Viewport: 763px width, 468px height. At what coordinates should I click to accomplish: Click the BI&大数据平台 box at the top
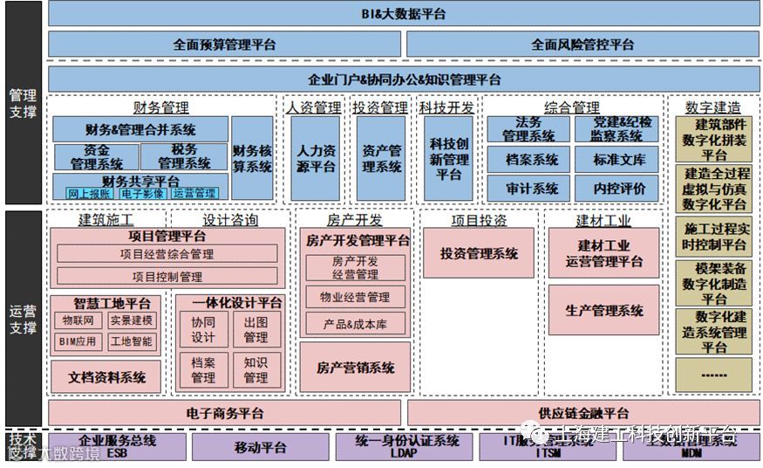(404, 13)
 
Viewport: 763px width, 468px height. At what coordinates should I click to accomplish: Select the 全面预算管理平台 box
(224, 44)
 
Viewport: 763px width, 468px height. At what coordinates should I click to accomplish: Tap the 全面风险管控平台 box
(582, 44)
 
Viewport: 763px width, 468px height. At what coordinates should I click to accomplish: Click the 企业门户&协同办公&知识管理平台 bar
(404, 79)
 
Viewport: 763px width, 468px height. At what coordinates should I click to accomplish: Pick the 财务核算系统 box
(252, 158)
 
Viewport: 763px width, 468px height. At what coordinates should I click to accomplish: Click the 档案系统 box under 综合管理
(532, 160)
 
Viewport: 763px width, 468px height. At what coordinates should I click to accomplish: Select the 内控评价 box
(620, 188)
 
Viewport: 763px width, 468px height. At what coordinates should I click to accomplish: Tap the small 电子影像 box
(142, 193)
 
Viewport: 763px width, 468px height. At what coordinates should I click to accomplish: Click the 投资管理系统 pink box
(478, 253)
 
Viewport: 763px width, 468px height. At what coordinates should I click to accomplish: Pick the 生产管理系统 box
(603, 310)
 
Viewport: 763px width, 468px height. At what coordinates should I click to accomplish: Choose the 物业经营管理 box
(354, 298)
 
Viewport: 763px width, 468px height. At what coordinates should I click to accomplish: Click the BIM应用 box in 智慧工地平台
(78, 341)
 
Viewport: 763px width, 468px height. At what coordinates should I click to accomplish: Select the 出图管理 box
(255, 329)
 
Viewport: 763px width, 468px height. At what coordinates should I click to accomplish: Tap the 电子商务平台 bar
(224, 413)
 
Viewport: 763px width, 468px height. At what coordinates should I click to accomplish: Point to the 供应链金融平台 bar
(582, 413)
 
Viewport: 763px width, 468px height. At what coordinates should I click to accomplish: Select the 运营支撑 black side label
(23, 318)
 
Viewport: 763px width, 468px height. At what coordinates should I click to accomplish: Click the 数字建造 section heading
(712, 107)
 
